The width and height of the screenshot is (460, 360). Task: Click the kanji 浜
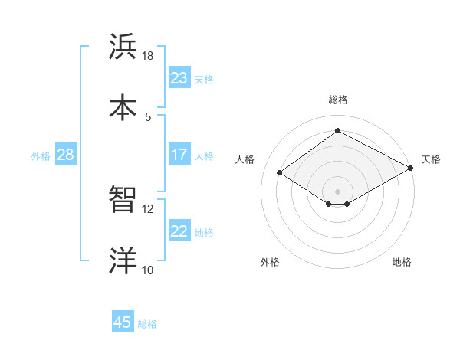tap(123, 46)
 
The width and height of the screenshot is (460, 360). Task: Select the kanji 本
tap(123, 106)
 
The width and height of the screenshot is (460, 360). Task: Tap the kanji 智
tap(123, 200)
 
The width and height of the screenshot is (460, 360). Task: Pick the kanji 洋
tap(123, 260)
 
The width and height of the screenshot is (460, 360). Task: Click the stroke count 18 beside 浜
tap(148, 56)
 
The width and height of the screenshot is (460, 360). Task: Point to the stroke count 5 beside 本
tap(148, 116)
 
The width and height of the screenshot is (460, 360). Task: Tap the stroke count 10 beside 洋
tap(148, 270)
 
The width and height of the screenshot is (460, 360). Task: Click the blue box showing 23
tap(179, 78)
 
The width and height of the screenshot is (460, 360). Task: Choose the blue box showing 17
tap(179, 155)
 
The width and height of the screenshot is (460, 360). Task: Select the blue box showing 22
tap(179, 231)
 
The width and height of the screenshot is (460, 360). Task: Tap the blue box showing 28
tap(66, 155)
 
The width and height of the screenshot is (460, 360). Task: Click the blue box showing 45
tap(123, 322)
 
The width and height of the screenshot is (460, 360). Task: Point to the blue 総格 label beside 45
tap(147, 324)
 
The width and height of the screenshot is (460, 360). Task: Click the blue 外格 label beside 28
tap(41, 156)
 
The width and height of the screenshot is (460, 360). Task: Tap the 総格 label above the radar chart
tap(337, 100)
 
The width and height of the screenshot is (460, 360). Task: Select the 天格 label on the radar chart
tap(431, 159)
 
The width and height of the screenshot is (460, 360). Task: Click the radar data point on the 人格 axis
tap(280, 173)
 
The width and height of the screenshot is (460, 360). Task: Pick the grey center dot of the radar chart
tap(337, 191)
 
